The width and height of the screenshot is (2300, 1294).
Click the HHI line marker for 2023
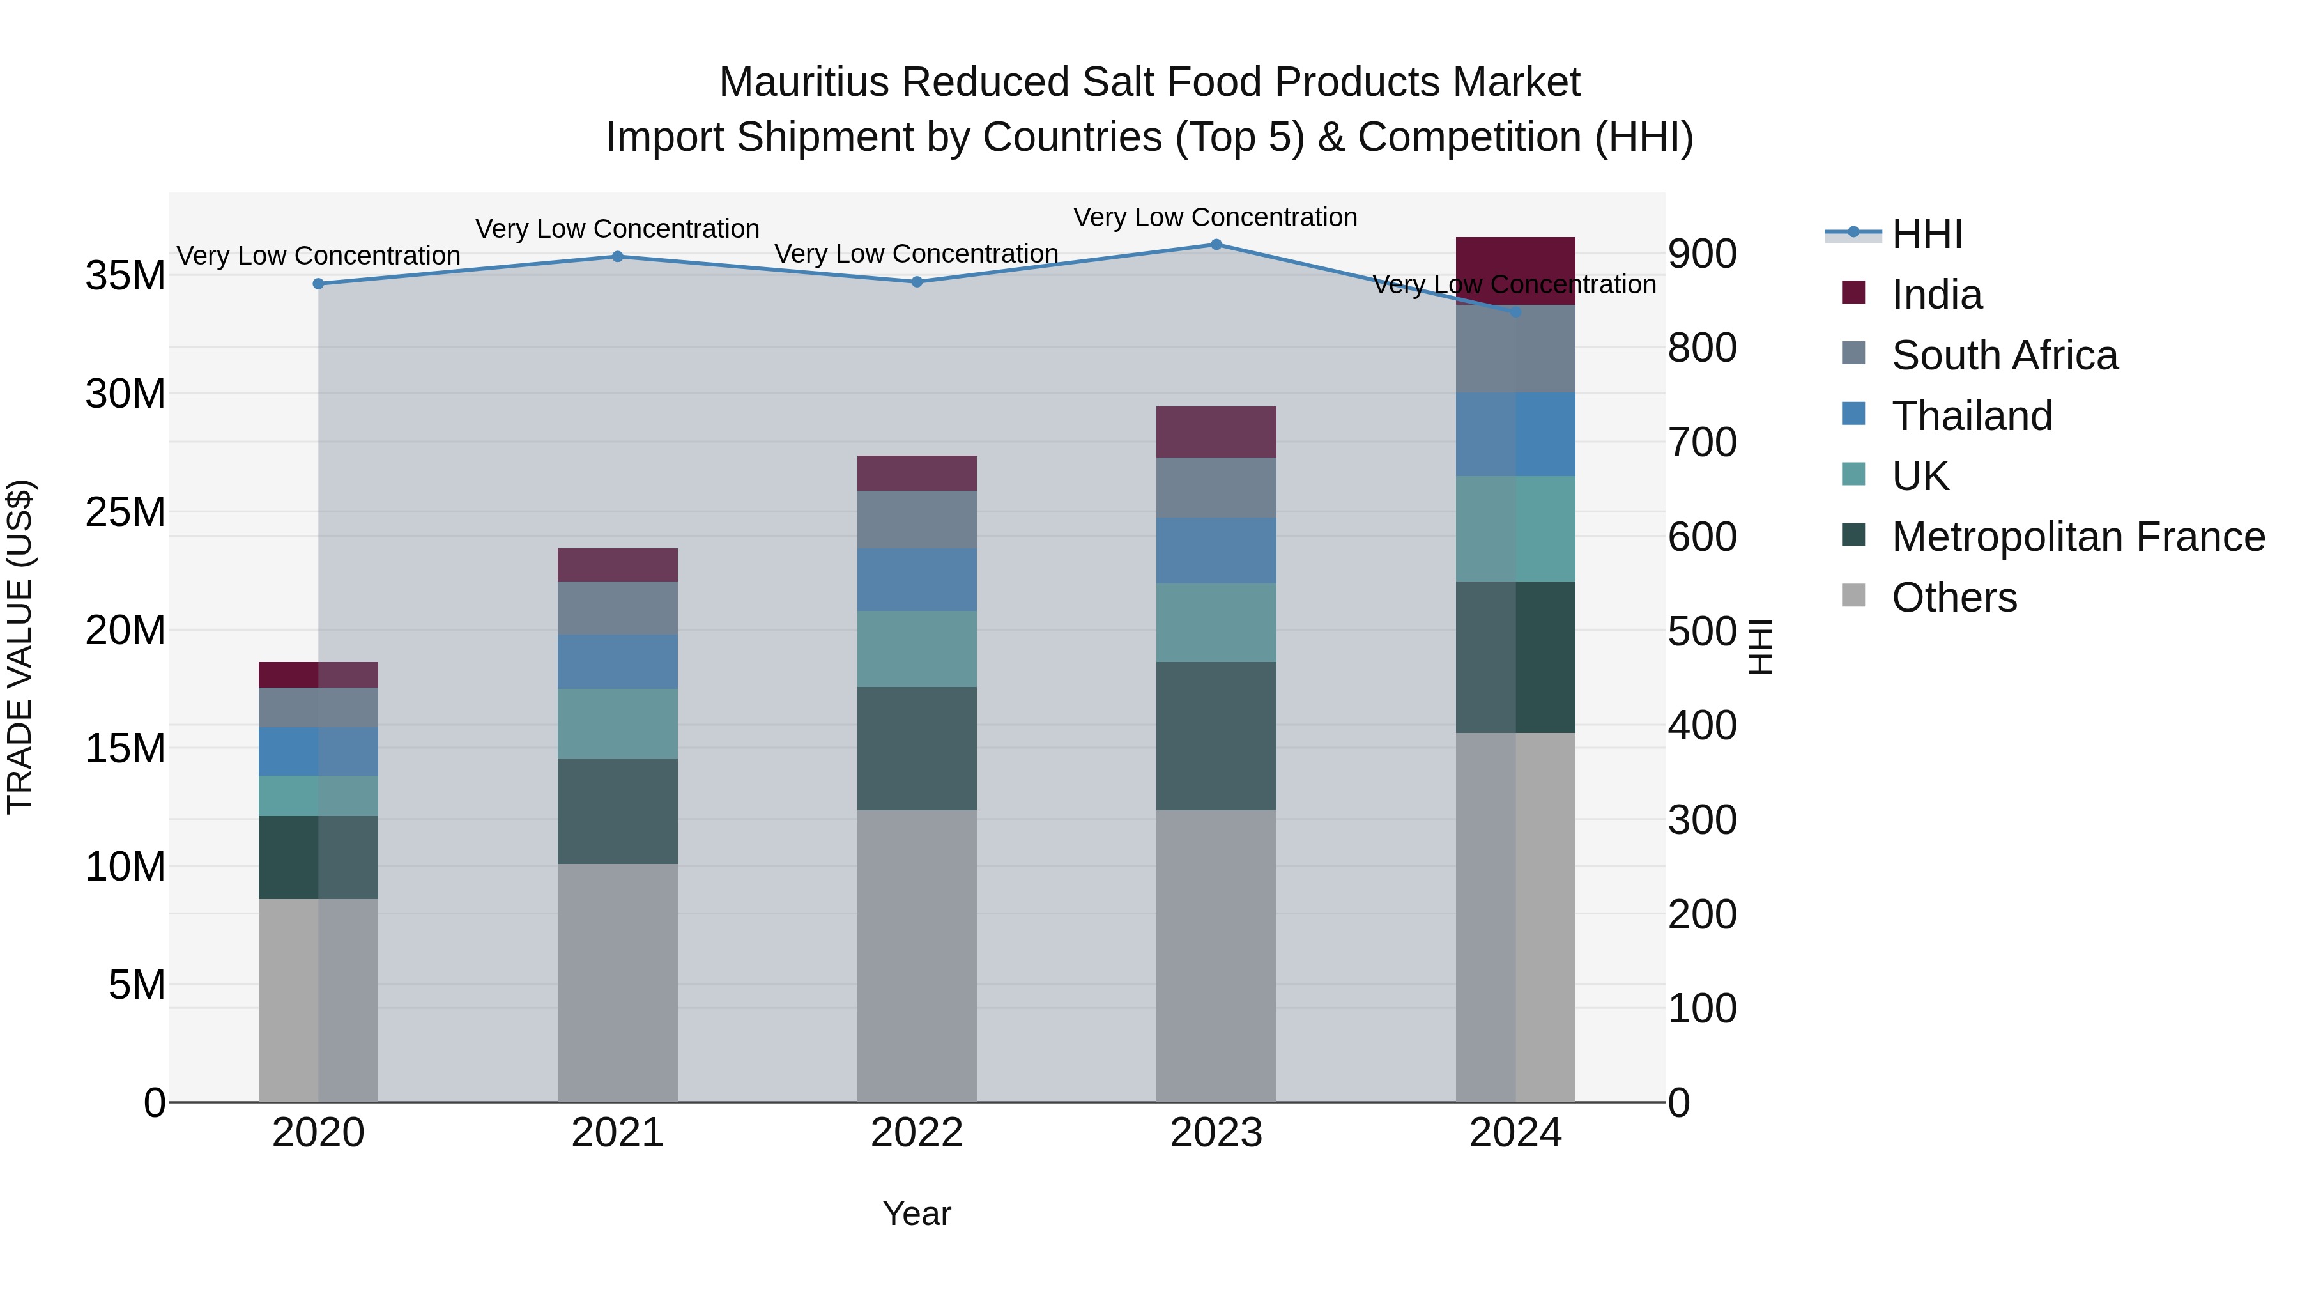click(x=1216, y=245)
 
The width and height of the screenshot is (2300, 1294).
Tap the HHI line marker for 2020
click(x=319, y=284)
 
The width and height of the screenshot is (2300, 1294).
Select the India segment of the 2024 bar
click(x=1515, y=270)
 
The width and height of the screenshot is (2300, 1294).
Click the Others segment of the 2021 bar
click(x=618, y=982)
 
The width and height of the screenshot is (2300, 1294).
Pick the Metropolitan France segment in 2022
click(x=917, y=748)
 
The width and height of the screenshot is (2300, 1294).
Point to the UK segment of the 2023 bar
click(x=1216, y=622)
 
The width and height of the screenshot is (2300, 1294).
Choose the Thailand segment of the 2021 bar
click(x=618, y=662)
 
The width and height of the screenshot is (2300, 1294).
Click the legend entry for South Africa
click(x=2004, y=355)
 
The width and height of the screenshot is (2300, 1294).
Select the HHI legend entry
click(x=1927, y=234)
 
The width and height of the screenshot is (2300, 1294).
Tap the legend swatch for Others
click(x=1853, y=596)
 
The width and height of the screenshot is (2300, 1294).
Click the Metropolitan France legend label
click(x=2078, y=537)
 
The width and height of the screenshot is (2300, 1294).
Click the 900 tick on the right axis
click(x=1702, y=254)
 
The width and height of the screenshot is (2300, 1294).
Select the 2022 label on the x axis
click(x=917, y=1133)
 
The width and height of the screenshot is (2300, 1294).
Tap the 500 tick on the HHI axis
click(x=1702, y=631)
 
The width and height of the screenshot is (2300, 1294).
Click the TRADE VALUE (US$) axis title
click(x=20, y=647)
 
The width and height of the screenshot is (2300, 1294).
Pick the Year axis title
click(x=917, y=1213)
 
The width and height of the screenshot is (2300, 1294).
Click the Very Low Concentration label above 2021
click(x=618, y=229)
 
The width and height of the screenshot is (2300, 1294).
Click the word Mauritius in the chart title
click(x=804, y=82)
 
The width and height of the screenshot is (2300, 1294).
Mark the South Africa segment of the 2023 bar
click(x=1216, y=488)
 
